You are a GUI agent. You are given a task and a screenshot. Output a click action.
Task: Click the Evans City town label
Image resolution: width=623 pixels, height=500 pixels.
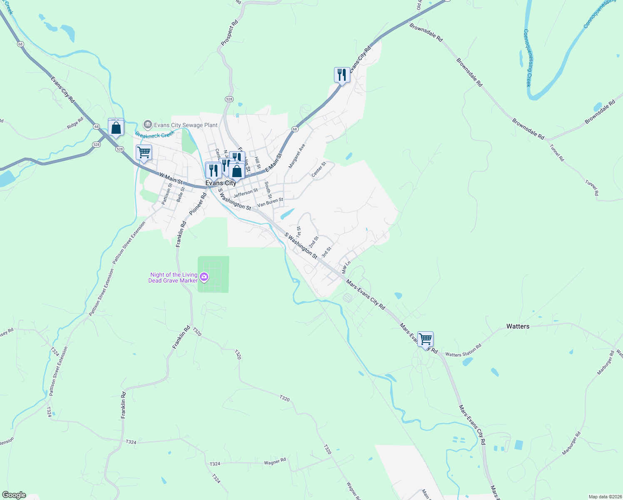[x=221, y=183]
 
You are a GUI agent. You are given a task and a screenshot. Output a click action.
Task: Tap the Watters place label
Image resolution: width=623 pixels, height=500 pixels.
[x=518, y=326]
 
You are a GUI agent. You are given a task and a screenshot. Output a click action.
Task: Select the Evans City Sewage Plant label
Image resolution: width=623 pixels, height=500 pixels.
[x=186, y=125]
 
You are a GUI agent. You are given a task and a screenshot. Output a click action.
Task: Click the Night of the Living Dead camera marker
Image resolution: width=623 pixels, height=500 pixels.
[x=204, y=277]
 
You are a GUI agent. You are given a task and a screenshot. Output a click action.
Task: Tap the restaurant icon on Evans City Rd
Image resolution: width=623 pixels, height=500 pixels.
[x=342, y=75]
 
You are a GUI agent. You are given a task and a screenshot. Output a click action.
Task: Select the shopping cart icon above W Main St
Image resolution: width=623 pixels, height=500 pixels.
[x=144, y=152]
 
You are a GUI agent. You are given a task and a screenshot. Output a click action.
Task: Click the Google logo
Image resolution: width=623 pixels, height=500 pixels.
[x=14, y=495]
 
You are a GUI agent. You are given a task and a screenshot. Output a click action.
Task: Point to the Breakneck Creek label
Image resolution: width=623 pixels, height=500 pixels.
[x=155, y=135]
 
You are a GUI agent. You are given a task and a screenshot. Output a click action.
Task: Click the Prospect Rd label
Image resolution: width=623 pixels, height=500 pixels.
[x=229, y=32]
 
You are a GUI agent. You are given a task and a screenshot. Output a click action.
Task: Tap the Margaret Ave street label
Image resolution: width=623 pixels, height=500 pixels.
[x=297, y=156]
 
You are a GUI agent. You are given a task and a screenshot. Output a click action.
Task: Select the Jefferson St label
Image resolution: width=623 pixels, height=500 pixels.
[x=246, y=193]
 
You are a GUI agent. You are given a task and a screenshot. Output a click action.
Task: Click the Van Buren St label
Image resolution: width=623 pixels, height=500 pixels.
[x=270, y=202]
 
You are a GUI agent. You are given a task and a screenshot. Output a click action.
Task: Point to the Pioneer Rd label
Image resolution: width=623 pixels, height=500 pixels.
[x=198, y=204]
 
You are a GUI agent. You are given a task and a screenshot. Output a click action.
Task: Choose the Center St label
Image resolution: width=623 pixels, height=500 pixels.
[x=319, y=169]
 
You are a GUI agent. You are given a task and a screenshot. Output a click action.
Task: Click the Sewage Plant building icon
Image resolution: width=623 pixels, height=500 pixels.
[x=147, y=125]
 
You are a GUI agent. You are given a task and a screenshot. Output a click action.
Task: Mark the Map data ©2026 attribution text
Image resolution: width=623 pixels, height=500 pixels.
[x=605, y=497]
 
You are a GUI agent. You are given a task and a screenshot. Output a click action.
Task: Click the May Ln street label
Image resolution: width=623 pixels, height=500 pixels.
[x=346, y=267]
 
